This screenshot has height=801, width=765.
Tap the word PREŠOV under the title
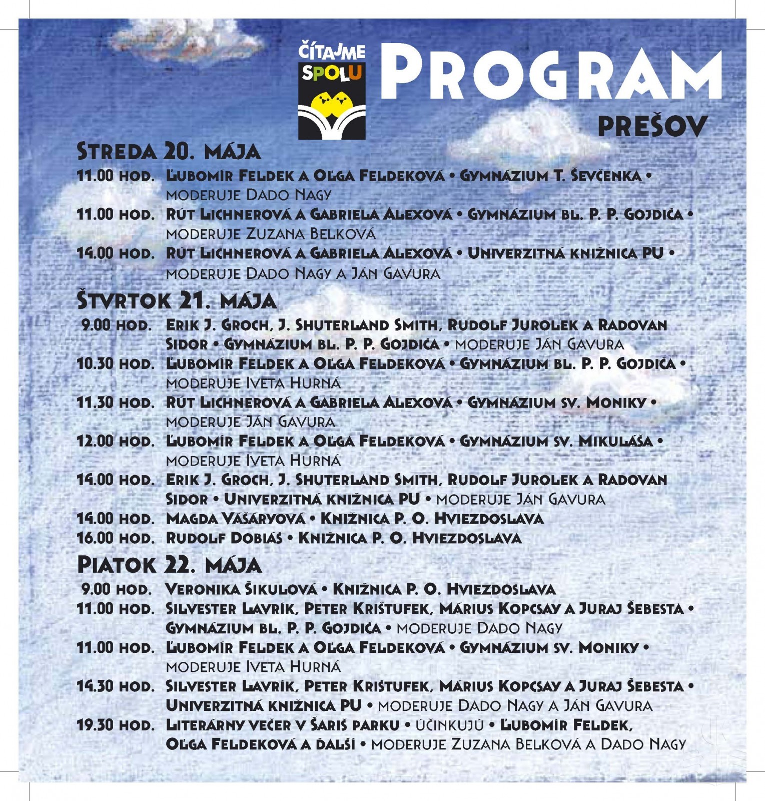click(x=652, y=127)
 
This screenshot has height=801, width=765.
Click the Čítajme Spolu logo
click(x=332, y=90)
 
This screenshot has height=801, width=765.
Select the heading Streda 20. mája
click(x=169, y=151)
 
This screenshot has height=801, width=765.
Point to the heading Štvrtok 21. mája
click(x=177, y=301)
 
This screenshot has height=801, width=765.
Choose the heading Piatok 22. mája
click(x=169, y=565)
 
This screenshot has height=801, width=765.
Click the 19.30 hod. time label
click(x=116, y=725)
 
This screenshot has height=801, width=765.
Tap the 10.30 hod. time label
click(x=116, y=364)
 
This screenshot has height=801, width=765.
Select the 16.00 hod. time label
click(x=116, y=538)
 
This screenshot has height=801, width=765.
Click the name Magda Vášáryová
click(x=235, y=519)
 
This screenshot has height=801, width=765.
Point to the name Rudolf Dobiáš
click(x=224, y=538)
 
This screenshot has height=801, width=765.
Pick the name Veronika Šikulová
click(x=241, y=589)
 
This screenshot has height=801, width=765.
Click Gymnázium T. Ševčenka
click(x=550, y=176)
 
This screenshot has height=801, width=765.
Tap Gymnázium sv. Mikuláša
click(x=556, y=442)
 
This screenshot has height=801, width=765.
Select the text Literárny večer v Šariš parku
click(x=282, y=725)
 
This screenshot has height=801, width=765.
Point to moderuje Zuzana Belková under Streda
click(x=270, y=234)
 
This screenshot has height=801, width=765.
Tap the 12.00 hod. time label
click(x=116, y=442)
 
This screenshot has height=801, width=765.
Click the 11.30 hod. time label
click(x=116, y=403)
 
